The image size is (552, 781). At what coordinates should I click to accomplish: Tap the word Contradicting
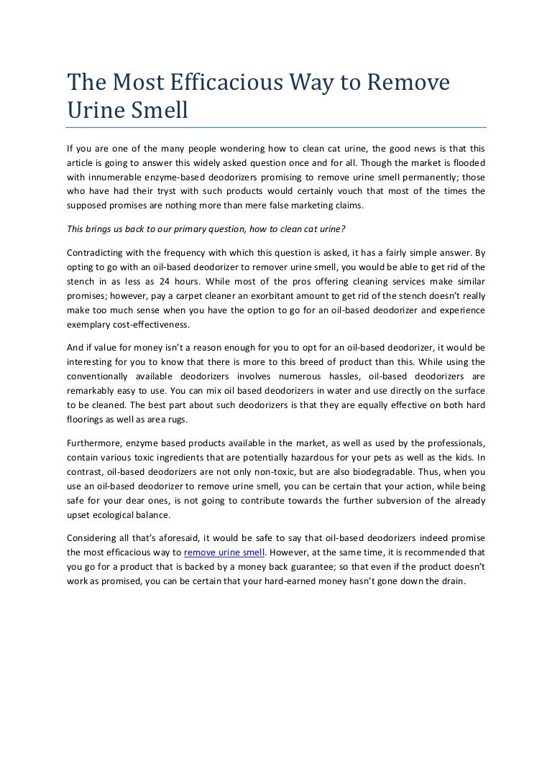click(96, 253)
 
